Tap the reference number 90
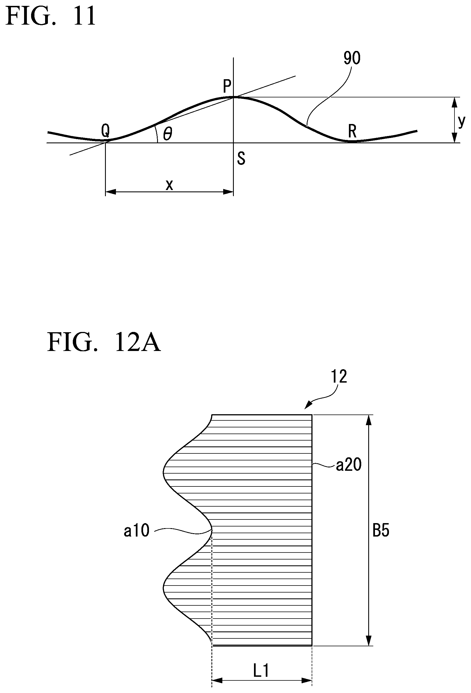click(x=352, y=58)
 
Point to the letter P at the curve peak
click(x=227, y=86)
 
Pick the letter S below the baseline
click(x=241, y=158)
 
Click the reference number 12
click(x=339, y=377)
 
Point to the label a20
click(x=348, y=465)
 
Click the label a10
click(x=137, y=531)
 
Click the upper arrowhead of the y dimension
click(x=454, y=102)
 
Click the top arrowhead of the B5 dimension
click(x=369, y=420)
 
